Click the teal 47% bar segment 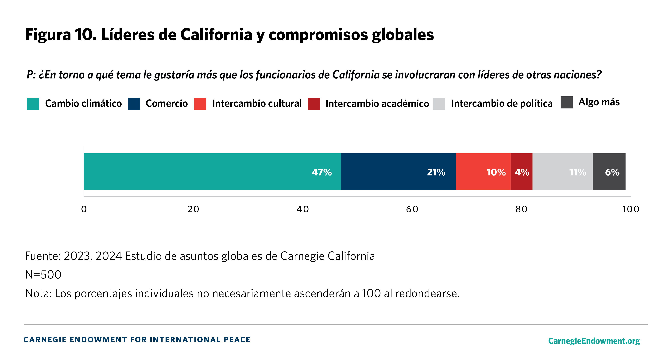point(212,172)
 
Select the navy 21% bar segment point(398,172)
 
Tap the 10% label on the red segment point(496,172)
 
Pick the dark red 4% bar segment point(522,172)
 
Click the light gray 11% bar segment point(562,172)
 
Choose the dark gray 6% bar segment point(609,172)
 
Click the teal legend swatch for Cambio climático point(33,104)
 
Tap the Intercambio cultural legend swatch point(200,104)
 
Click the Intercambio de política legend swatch point(439,104)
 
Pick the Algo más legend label point(599,102)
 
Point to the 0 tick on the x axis point(84,209)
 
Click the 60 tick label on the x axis point(412,209)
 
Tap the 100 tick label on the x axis point(630,209)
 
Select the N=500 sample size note point(43,275)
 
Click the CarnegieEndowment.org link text point(594,341)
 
